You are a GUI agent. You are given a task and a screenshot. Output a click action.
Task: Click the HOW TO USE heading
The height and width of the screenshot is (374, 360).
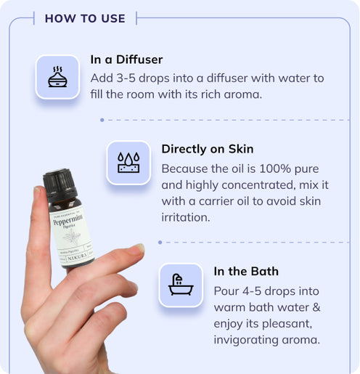85,18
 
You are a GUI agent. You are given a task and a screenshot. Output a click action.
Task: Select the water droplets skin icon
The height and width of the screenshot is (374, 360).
128,162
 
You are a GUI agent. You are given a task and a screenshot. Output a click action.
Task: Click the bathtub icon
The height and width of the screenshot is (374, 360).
180,285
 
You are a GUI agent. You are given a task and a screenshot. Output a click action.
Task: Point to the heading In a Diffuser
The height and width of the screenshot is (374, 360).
126,60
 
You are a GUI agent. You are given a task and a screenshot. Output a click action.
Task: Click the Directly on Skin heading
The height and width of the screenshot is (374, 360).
207,149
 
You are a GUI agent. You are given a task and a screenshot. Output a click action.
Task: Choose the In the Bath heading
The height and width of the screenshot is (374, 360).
246,272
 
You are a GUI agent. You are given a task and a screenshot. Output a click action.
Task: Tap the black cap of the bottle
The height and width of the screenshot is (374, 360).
60,184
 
